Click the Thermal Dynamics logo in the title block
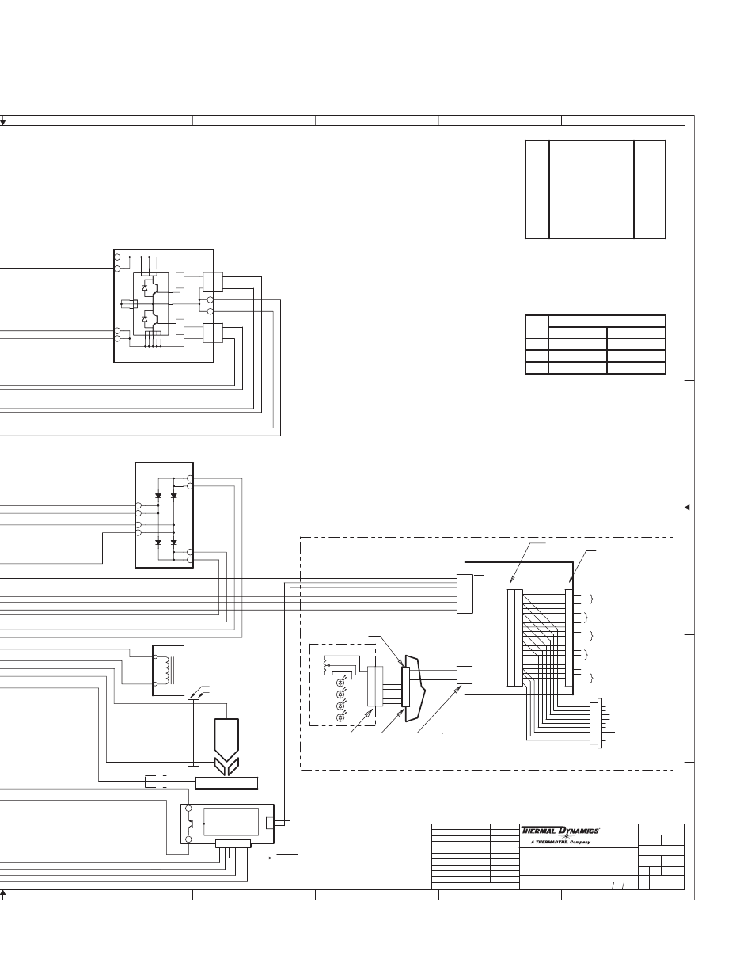560,831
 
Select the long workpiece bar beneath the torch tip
226,782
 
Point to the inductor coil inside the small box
170,670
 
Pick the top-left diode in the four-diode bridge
158,496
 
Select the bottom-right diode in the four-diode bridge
174,542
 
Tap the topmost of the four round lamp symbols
340,683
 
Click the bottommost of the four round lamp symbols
340,718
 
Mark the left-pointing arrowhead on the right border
688,508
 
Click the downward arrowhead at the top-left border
2,123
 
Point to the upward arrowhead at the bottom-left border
2,892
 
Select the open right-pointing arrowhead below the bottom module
270,858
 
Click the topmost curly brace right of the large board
591,599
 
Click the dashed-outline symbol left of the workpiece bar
159,782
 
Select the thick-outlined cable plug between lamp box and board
413,689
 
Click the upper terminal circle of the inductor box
156,657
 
